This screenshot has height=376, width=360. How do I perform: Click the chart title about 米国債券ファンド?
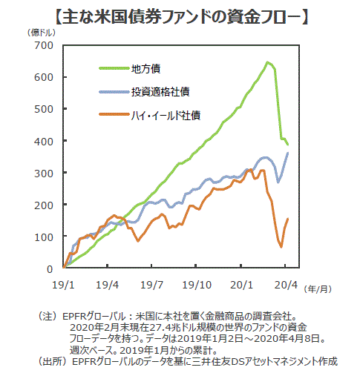click(182, 17)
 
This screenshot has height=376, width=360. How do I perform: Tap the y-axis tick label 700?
click(44, 45)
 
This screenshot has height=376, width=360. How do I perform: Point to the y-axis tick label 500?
click(44, 109)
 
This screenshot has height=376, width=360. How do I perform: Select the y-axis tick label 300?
click(44, 174)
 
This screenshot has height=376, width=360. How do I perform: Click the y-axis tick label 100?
click(44, 237)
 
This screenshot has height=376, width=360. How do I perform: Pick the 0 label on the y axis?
click(50, 269)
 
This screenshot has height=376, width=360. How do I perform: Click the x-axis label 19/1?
click(63, 285)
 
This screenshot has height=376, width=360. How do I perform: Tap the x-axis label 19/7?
click(151, 285)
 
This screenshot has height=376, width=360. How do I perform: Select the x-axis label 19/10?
click(197, 285)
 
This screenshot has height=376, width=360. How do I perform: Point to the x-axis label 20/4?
click(286, 285)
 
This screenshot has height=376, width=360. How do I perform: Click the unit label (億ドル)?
click(41, 33)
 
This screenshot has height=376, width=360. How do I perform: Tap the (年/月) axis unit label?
click(318, 288)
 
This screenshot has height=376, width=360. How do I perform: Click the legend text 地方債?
click(146, 69)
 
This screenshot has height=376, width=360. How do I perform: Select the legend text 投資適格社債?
click(160, 92)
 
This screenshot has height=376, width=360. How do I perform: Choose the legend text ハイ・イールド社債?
click(166, 116)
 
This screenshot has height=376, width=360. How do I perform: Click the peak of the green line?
click(267, 62)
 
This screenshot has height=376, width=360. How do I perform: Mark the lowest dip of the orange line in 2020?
click(281, 247)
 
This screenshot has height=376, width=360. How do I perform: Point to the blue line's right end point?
click(288, 153)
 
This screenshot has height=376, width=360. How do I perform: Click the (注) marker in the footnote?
click(47, 317)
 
